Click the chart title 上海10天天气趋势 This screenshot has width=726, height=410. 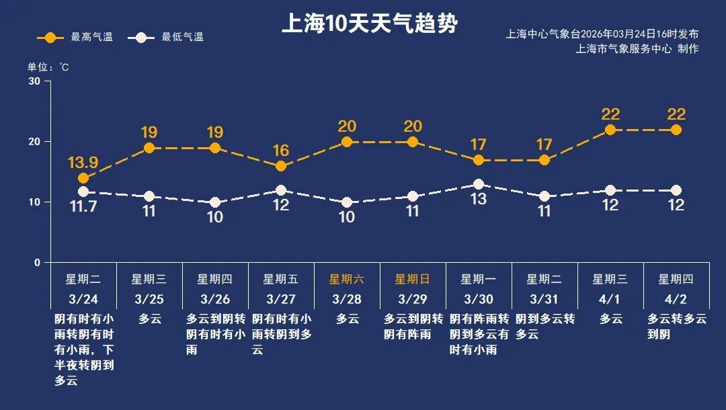point(369,24)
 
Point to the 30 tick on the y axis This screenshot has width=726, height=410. point(34,81)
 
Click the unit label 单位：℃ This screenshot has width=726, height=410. point(48,67)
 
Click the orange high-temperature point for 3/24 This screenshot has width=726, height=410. point(83,178)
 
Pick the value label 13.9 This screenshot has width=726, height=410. point(83,163)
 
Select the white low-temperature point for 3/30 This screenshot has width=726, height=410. point(479,184)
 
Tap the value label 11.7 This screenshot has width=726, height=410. point(83,207)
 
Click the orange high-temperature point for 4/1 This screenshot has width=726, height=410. point(610,130)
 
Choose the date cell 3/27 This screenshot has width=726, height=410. point(281,298)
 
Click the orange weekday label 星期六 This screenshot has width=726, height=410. point(347,279)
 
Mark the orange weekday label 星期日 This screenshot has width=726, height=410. point(413,279)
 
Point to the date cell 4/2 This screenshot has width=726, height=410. point(676,298)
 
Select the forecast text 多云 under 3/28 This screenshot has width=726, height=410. point(347,319)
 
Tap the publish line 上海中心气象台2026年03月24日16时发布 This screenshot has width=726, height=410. point(602,34)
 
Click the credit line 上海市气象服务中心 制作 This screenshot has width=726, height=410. point(637,48)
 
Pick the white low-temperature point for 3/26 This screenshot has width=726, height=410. point(215,202)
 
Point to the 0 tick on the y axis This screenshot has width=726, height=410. point(38,263)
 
